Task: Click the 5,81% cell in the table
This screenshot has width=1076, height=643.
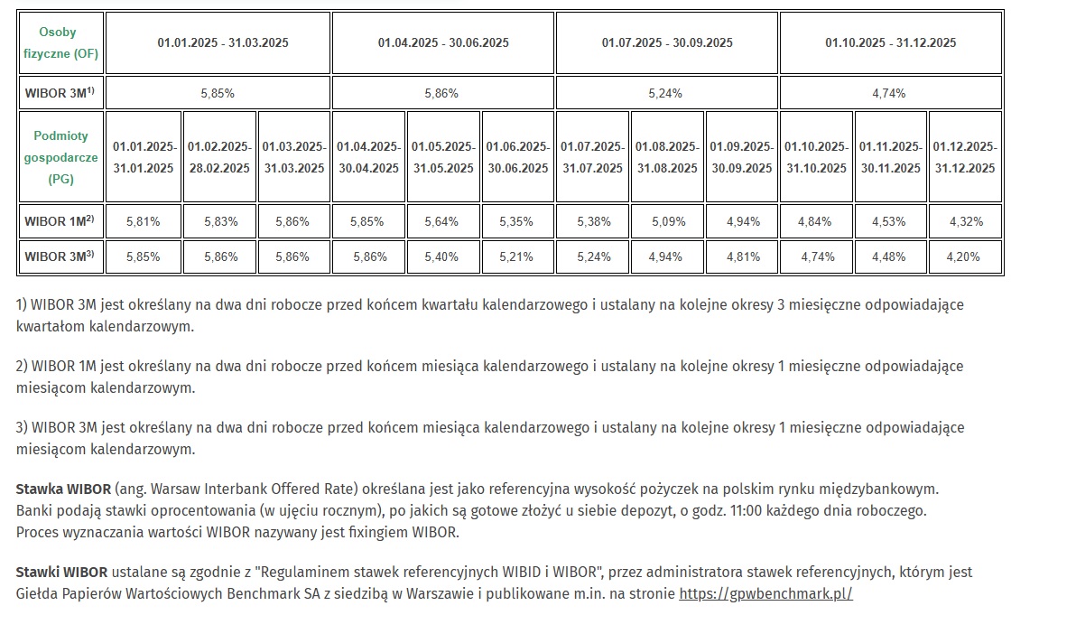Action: coord(143,221)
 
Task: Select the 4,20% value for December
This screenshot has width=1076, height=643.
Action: coord(963,256)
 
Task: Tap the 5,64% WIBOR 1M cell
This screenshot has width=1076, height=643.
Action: coord(442,221)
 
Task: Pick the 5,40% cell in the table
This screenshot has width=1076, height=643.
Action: coord(442,256)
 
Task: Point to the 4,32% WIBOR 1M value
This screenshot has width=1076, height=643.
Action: coord(963,221)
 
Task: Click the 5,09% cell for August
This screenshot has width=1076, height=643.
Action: coord(665,221)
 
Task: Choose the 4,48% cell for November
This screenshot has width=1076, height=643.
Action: coord(889,256)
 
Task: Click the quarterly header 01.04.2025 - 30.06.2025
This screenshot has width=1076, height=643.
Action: coord(442,42)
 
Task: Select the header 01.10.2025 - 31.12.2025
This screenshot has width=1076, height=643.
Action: coord(890,42)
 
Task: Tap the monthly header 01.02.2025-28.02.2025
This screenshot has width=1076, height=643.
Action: coord(218,157)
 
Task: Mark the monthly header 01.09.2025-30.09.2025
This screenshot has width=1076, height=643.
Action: coord(740,157)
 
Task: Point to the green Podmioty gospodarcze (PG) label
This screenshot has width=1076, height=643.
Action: coord(60,157)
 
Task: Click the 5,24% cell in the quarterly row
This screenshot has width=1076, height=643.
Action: coord(665,93)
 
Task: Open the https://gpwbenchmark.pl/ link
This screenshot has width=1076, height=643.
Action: coord(765,594)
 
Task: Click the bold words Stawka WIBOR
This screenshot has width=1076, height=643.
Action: coord(63,489)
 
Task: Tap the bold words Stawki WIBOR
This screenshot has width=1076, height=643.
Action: coord(61,573)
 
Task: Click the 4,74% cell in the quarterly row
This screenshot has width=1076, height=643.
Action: coord(889,93)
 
